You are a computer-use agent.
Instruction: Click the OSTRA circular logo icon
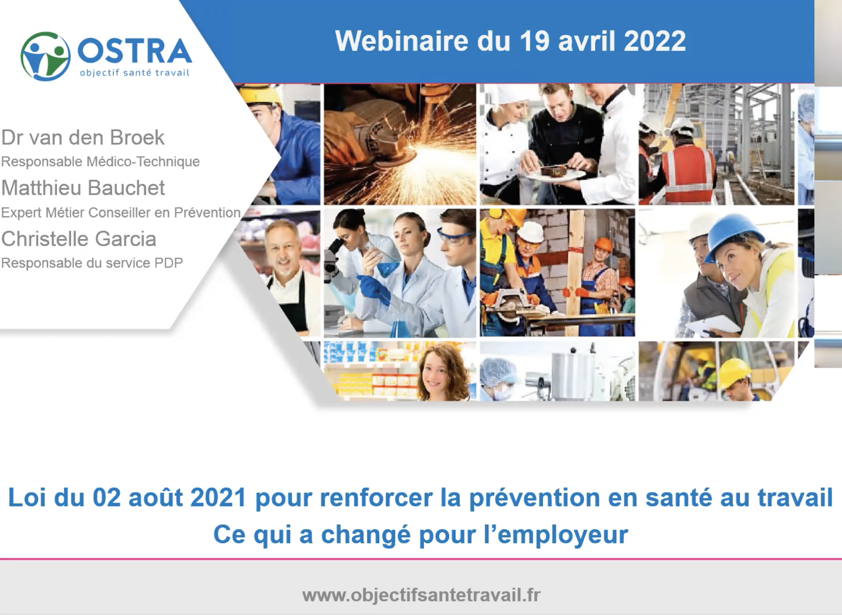coord(45,56)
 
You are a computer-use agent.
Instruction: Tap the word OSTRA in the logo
coord(135,51)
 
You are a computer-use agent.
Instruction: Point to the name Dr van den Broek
coord(83,137)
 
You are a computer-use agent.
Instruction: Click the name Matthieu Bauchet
coord(83,188)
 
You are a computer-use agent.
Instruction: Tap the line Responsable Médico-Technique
coord(101,162)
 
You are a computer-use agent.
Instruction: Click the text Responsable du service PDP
coord(92,263)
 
